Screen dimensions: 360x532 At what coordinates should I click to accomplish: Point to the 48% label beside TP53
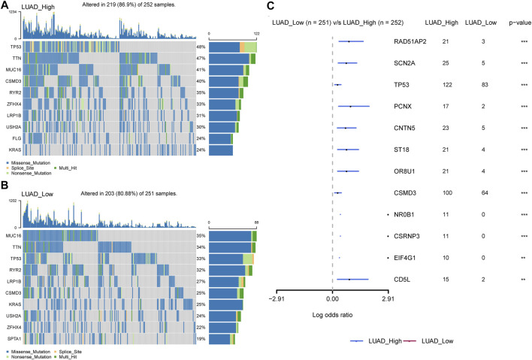click(x=201, y=47)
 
